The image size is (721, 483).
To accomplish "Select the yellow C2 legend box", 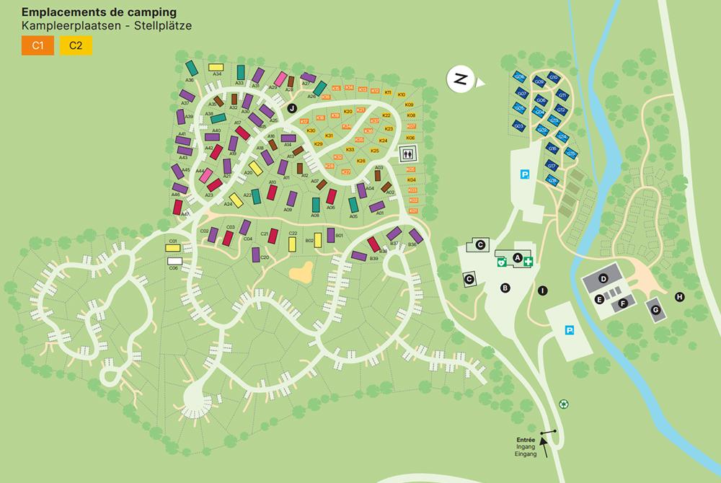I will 75,46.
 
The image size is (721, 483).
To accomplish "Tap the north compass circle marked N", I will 460,79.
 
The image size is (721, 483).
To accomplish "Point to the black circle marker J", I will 292,107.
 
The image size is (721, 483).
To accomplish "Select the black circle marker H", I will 678,296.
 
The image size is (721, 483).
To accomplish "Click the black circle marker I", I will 542,291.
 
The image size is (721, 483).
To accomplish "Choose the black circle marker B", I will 505,288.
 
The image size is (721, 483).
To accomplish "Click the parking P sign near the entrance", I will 569,330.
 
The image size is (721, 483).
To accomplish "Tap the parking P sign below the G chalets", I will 525,174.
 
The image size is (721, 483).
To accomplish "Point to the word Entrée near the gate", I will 525,439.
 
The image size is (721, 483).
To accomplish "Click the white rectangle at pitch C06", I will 174,261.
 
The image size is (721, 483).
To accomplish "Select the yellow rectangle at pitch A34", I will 216,68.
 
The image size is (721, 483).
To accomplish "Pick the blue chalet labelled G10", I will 554,78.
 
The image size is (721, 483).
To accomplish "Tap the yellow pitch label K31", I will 329,136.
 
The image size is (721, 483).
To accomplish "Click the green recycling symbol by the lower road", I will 565,404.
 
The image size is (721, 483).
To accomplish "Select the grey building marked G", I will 655,309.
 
